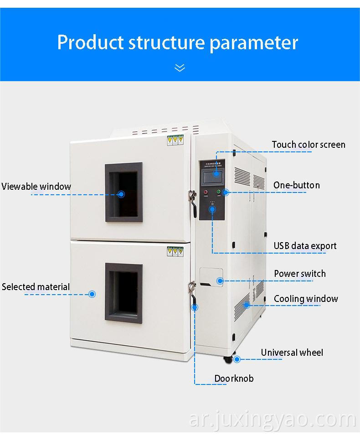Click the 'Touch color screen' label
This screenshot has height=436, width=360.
[309, 145]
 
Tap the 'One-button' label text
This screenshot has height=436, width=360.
[296, 185]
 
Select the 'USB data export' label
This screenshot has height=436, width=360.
[305, 246]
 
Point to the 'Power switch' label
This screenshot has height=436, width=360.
[299, 274]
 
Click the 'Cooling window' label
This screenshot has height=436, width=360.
[306, 299]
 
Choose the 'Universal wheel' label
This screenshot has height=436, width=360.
[292, 353]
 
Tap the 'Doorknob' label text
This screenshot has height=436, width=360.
[234, 379]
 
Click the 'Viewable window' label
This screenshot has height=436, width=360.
[36, 186]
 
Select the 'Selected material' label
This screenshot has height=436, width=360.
[36, 287]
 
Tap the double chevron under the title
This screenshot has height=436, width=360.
[180, 68]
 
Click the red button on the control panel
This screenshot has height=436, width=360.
[206, 192]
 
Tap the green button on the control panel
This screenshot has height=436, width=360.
[219, 192]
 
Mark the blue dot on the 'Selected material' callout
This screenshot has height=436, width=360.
[92, 294]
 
